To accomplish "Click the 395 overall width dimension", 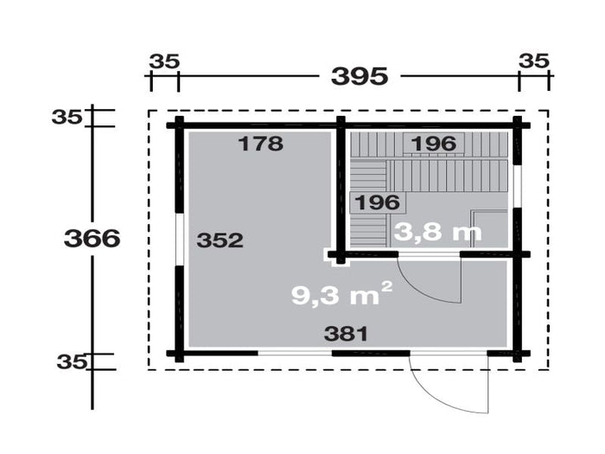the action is pos(360,76).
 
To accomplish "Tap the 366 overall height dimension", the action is pos(92,238).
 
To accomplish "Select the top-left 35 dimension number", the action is pos(164,61).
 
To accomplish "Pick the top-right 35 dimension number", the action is pos(533,61).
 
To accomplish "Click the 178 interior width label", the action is pos(261,144).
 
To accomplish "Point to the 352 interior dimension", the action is pos(220,240).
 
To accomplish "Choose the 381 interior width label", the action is pos(346,334).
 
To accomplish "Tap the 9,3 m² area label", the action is pos(342,294).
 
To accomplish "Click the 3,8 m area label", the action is pos(438,232).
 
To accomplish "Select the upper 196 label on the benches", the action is pos(434,144).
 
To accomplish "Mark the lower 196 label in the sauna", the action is pos(377,202).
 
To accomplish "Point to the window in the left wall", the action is pos(180,239).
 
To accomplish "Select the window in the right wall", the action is pos(517,187).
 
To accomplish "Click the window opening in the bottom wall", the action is pos(295,353).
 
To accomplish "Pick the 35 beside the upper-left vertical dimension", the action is pos(67,117).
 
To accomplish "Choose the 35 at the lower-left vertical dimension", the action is pos(72,362).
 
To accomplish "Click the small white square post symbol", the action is pos(336,257).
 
